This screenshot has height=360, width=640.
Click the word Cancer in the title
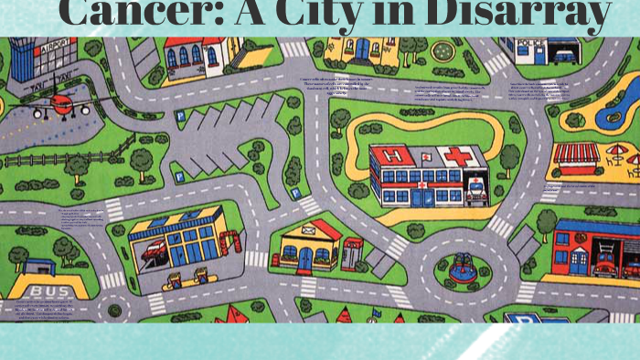click(132, 13)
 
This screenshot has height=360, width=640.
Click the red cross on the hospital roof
click(458, 155)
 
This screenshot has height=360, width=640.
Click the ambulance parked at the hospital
click(476, 187)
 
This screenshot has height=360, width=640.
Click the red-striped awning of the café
click(577, 153)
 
